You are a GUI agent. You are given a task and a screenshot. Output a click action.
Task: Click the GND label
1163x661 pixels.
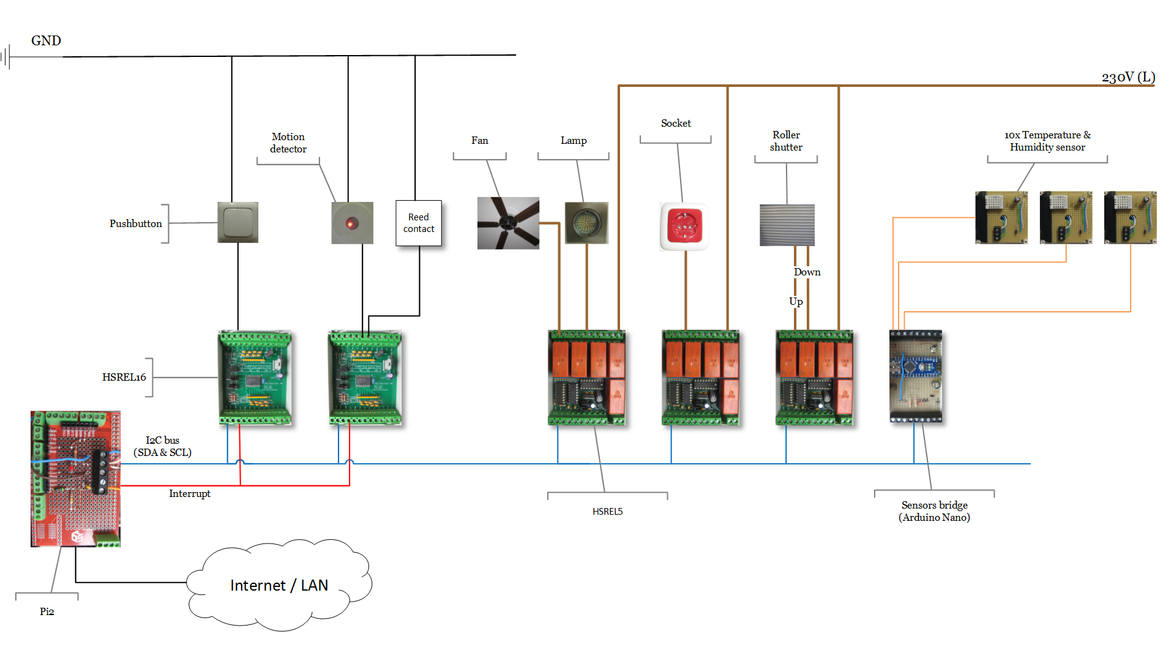click(x=46, y=41)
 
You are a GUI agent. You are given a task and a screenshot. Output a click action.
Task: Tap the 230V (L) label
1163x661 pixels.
click(x=1128, y=77)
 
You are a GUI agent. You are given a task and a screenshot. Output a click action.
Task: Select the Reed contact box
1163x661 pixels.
click(x=419, y=223)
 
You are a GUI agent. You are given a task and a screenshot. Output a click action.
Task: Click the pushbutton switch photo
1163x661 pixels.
click(x=237, y=222)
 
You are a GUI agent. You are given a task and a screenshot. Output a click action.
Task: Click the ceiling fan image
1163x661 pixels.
click(x=508, y=223)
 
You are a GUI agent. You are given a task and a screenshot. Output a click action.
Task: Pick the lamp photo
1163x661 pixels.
click(x=586, y=223)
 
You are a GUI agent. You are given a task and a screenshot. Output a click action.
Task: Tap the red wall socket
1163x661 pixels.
click(x=684, y=226)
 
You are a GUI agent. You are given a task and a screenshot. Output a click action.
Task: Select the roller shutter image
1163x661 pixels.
click(x=787, y=225)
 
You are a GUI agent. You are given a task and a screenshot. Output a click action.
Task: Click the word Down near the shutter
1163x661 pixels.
click(x=807, y=272)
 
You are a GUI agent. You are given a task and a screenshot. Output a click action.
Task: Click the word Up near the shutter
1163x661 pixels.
click(x=796, y=301)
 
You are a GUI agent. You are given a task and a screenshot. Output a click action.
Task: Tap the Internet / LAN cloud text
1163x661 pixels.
click(x=279, y=586)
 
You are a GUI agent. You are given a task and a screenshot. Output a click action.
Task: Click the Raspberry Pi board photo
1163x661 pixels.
click(x=75, y=479)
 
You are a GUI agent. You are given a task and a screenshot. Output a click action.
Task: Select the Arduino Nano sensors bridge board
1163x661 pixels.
click(x=915, y=376)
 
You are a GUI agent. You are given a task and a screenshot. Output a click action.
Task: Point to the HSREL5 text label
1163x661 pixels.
click(x=607, y=512)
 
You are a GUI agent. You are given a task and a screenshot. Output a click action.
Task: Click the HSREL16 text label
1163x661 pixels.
click(x=124, y=377)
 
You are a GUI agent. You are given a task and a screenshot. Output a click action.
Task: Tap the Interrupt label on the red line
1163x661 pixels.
click(x=189, y=493)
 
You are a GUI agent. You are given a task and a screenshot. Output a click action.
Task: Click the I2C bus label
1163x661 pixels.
click(x=162, y=446)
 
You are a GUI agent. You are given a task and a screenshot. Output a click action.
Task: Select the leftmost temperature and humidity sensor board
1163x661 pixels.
click(x=1001, y=217)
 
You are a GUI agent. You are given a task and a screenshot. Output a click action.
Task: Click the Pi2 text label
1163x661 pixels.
click(x=47, y=611)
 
